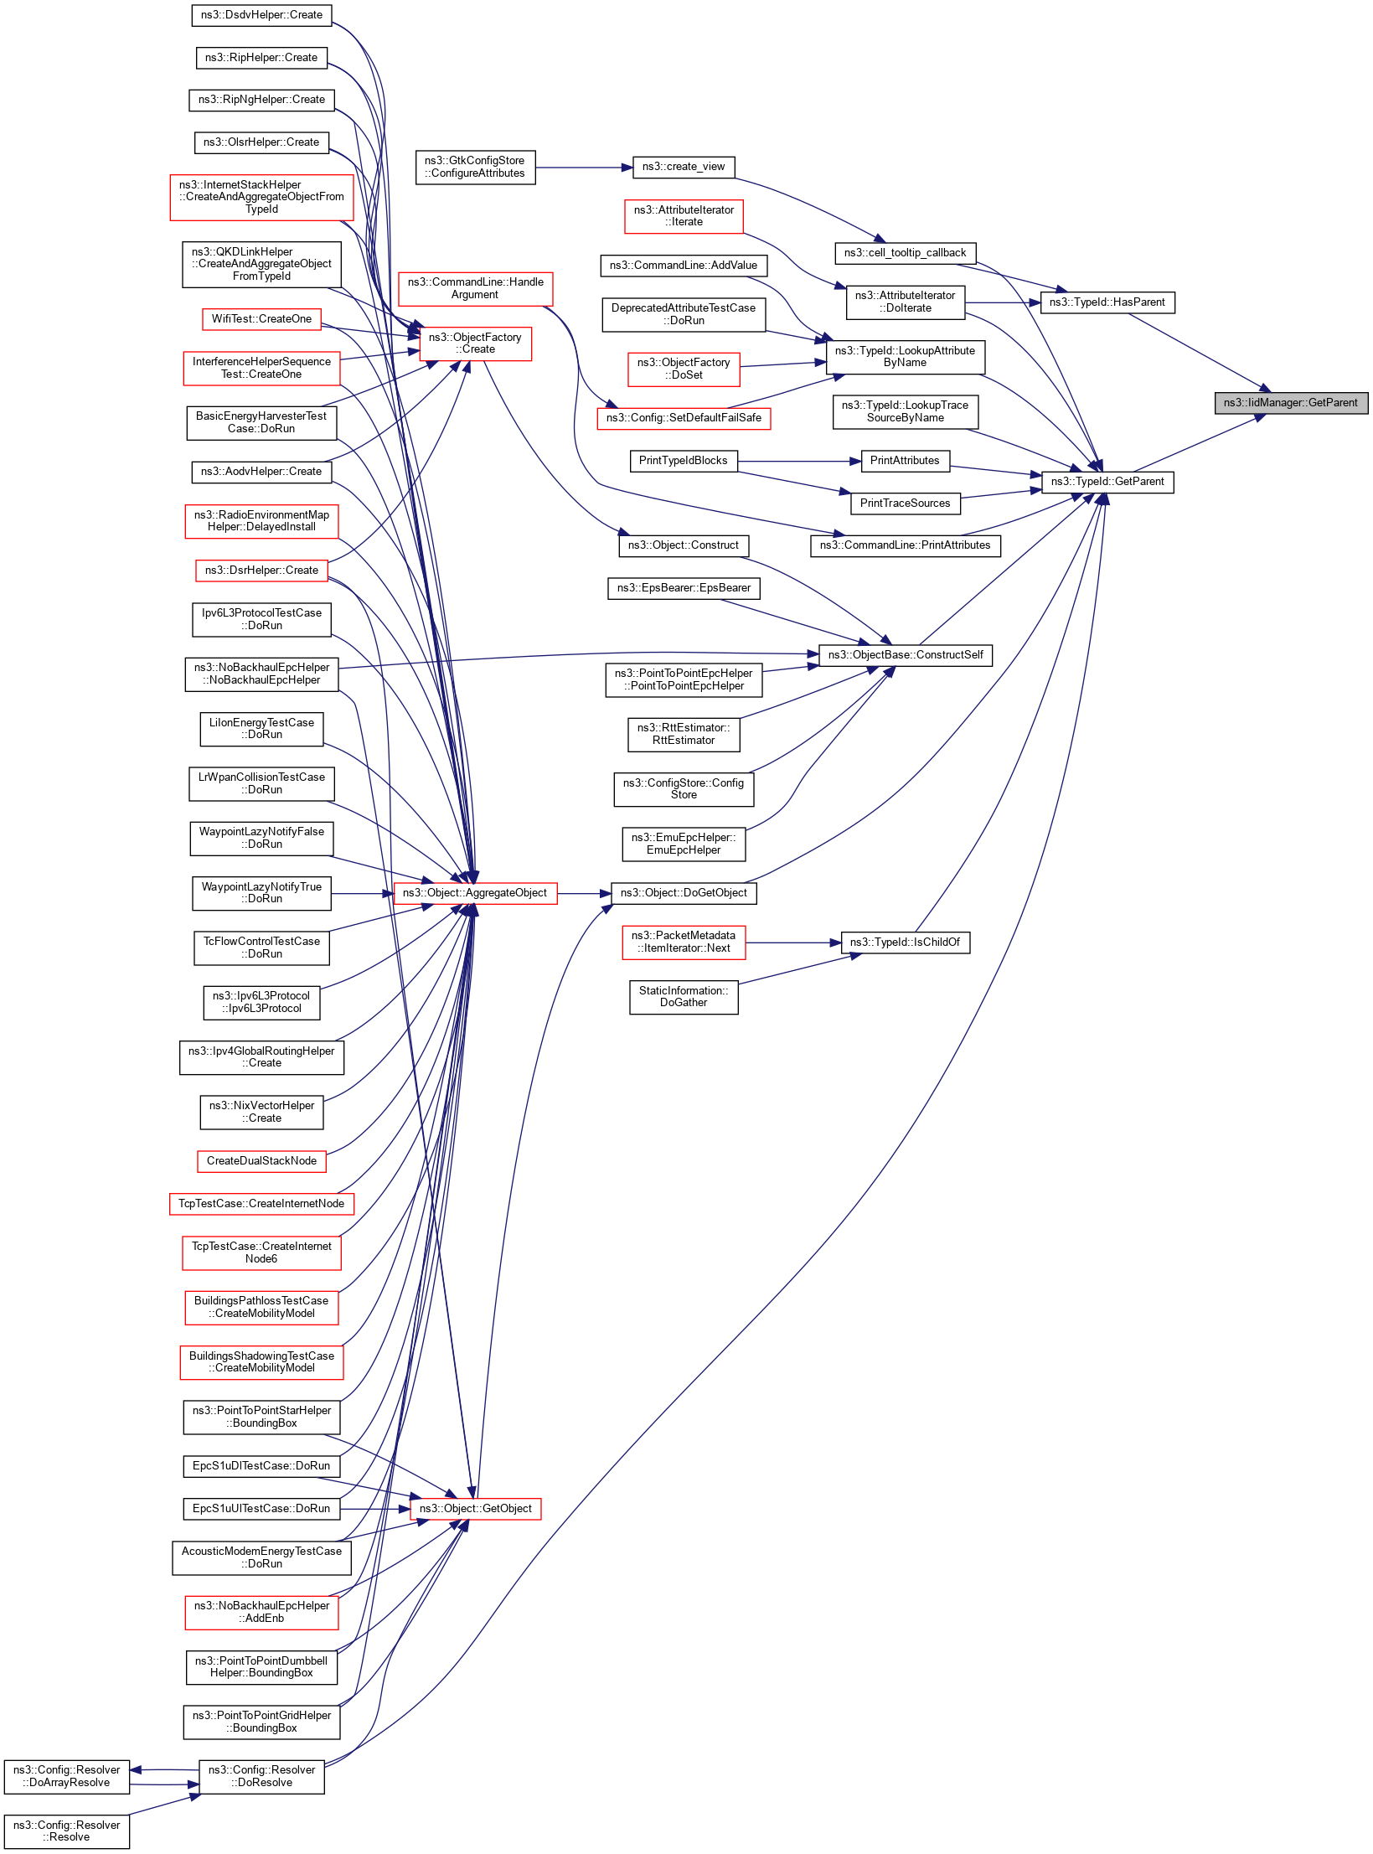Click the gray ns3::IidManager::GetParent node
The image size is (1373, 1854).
[x=1291, y=403]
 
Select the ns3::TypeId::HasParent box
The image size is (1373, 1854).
[x=1107, y=302]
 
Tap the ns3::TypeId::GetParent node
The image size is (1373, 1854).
[x=1107, y=482]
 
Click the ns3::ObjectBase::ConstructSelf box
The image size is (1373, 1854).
[x=905, y=655]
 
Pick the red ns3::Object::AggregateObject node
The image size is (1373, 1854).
[x=474, y=893]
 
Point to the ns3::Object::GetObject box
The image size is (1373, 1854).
[x=475, y=1509]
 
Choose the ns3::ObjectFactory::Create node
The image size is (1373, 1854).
[x=475, y=343]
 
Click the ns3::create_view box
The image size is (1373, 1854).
[x=683, y=167]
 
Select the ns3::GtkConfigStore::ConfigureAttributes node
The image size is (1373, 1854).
[x=474, y=167]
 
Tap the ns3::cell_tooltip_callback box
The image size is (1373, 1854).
[x=905, y=253]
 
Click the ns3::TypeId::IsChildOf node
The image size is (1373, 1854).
[x=905, y=942]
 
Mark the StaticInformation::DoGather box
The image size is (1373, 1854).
[x=683, y=997]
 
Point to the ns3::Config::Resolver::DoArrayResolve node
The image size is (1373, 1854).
[x=66, y=1776]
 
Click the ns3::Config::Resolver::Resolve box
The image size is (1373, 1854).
[x=66, y=1831]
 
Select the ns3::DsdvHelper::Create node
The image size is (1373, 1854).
[x=261, y=15]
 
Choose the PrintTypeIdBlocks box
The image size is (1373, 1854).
[x=683, y=461]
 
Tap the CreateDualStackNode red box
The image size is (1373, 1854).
[x=261, y=1161]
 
